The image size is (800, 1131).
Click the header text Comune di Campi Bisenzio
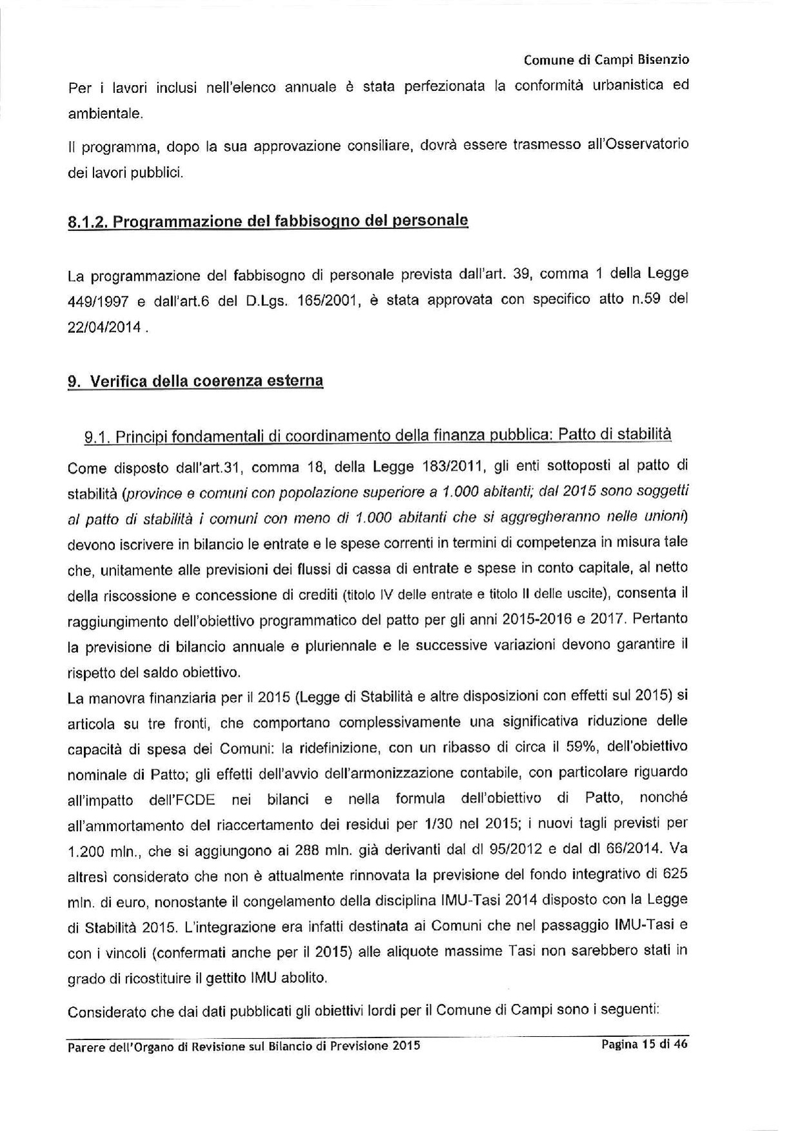coord(606,60)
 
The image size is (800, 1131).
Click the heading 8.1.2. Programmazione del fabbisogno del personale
coord(268,221)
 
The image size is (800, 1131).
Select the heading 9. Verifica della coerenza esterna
coord(195,381)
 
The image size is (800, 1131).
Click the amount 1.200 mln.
coord(98,852)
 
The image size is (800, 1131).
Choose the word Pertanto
coord(661,618)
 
